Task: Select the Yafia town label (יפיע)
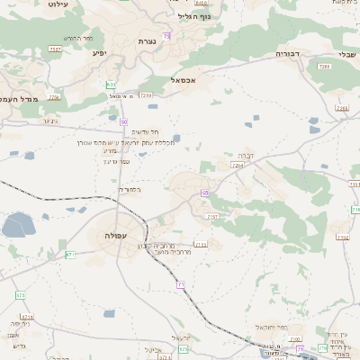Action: [x=99, y=52]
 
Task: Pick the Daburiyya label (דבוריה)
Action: [x=288, y=55]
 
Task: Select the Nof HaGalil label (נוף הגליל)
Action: [x=193, y=16]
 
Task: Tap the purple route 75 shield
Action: [x=167, y=35]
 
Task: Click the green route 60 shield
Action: [x=123, y=121]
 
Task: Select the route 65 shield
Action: [x=205, y=193]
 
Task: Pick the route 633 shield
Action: [x=111, y=85]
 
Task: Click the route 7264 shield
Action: [x=238, y=166]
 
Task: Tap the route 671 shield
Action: [x=70, y=255]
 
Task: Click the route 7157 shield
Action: [x=213, y=217]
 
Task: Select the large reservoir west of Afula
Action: [x=18, y=225]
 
